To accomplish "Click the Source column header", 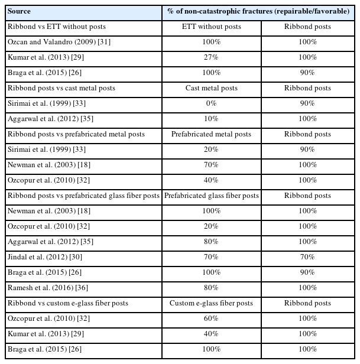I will tap(20, 11).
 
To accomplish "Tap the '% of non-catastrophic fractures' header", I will tap(259, 11).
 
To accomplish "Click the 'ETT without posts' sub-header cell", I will tap(212, 27).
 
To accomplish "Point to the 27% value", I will tap(212, 57).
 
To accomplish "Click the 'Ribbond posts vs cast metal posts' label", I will tap(61, 88).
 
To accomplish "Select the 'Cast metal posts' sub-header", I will tap(212, 88).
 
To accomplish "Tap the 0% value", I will tap(212, 103).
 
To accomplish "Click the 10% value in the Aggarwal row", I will tap(212, 119).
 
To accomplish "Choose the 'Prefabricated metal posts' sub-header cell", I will tap(212, 134).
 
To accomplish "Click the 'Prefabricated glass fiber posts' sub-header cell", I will tap(212, 196).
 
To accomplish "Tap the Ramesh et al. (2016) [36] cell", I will tap(43, 288).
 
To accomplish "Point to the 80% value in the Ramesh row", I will tap(212, 288).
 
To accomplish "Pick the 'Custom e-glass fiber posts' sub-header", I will tap(212, 303).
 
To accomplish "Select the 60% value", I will tap(212, 318).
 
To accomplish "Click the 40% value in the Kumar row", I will tap(212, 334).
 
